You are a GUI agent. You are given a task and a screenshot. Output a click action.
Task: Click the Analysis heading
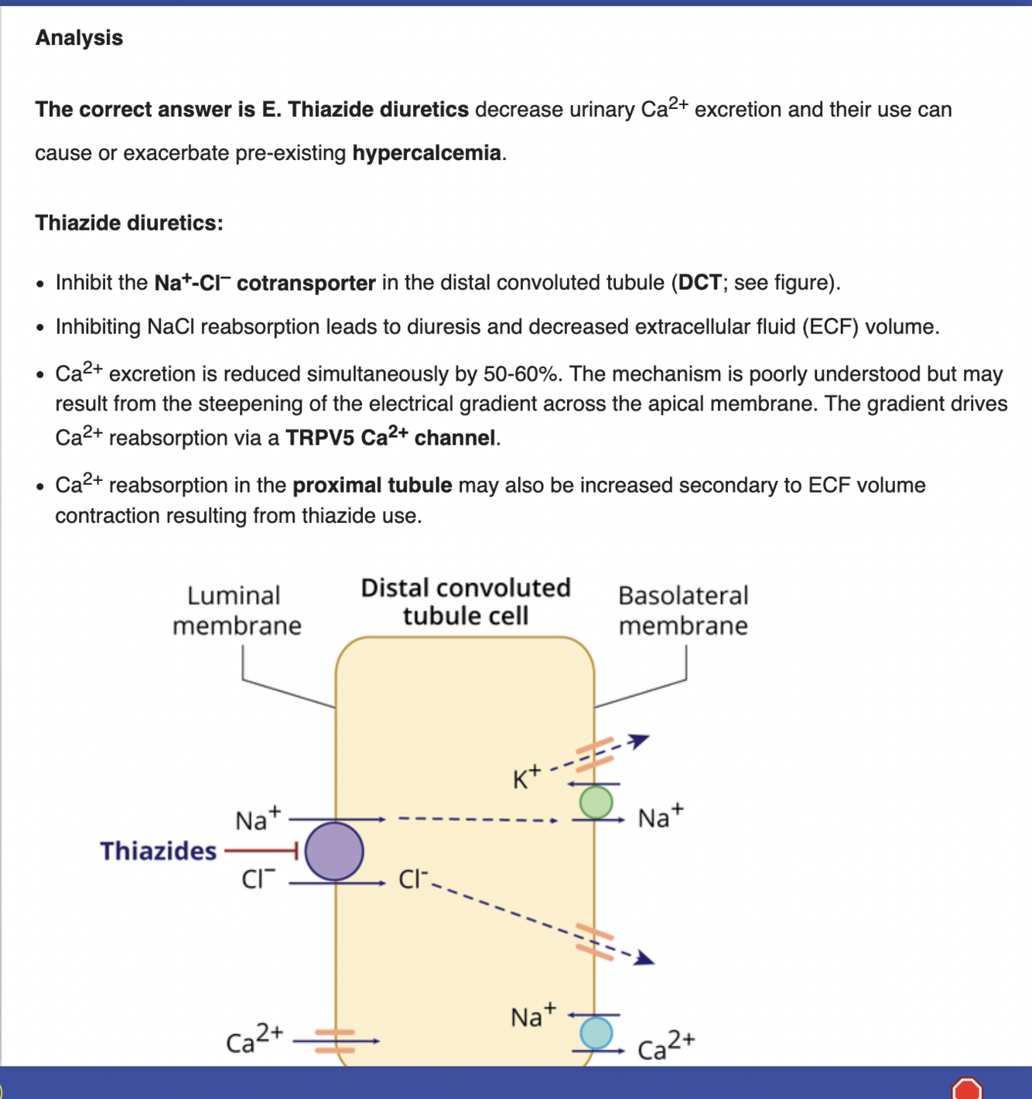pos(79,38)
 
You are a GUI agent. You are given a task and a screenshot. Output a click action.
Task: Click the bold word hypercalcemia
pos(426,153)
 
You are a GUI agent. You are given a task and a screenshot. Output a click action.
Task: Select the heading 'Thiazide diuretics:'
pos(129,224)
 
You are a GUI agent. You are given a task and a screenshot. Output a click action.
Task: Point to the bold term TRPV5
pos(320,439)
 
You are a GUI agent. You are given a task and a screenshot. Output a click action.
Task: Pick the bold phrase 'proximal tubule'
pos(372,486)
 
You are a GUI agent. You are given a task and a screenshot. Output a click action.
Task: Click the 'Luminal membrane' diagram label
pos(236,610)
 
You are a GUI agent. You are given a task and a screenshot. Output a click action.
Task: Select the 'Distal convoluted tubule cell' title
pos(466,602)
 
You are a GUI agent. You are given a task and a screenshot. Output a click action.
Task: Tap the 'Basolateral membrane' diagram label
pos(683,610)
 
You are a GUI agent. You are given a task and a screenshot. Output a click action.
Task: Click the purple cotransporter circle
pos(334,852)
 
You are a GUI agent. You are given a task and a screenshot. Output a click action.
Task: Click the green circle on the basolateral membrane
pos(596,802)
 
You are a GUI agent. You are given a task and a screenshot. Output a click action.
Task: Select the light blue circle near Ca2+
pos(596,1032)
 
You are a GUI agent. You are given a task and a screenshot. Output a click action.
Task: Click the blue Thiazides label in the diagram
pos(159,852)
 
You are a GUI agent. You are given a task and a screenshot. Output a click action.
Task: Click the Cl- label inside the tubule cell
pos(413,879)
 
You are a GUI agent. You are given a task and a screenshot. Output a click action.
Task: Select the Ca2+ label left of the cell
pos(255,1039)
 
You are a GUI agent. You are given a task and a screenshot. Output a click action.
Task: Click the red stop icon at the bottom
pos(967,1089)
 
